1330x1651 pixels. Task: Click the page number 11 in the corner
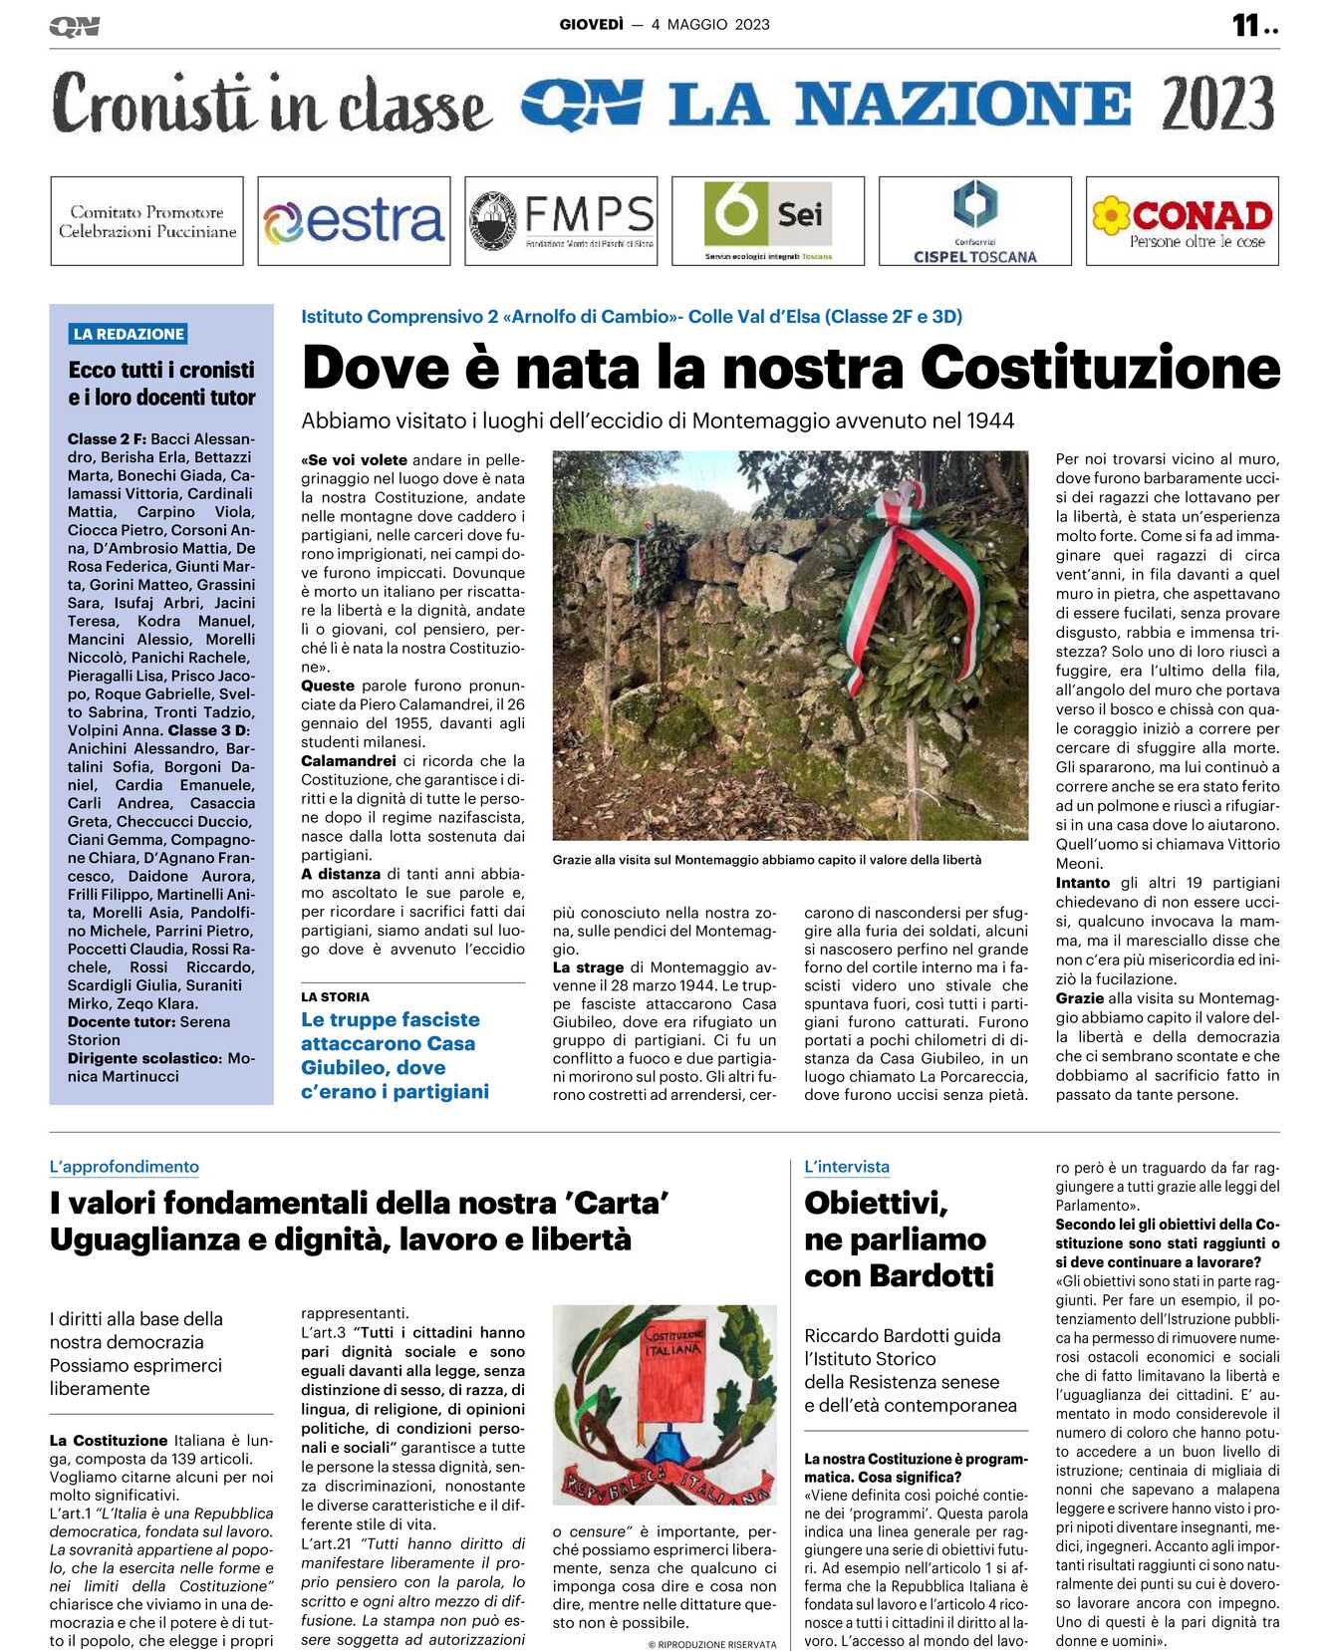tap(1246, 25)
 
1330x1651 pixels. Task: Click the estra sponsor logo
tap(354, 221)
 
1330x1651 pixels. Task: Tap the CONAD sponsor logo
tap(1183, 221)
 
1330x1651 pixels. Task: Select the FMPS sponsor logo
tap(561, 221)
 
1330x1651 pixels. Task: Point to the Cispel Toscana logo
tap(975, 221)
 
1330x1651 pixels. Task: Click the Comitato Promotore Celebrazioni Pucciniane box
tap(147, 221)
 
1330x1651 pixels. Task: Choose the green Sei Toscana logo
tap(768, 221)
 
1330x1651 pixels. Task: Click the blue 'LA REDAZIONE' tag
tap(130, 334)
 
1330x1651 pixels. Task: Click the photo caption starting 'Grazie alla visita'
tap(767, 860)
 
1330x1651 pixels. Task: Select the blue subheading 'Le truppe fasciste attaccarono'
tap(395, 1055)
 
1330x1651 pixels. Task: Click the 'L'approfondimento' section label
tap(125, 1167)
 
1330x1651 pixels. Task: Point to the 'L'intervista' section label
tap(847, 1167)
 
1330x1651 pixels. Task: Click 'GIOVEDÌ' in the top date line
tap(591, 25)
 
